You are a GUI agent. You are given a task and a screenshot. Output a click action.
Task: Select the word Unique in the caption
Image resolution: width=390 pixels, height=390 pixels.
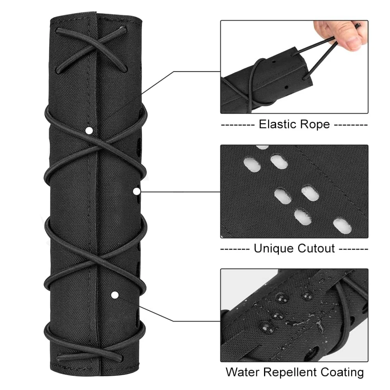tap(273, 248)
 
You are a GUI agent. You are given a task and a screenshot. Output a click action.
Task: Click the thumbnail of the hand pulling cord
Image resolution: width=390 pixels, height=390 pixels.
tap(294, 67)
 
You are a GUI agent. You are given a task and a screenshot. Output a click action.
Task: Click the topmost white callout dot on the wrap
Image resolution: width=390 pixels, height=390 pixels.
tap(89, 130)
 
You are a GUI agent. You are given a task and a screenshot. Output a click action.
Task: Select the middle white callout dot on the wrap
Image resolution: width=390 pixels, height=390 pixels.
tap(136, 191)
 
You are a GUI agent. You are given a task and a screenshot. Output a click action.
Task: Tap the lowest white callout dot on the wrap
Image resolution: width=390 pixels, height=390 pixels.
tap(115, 295)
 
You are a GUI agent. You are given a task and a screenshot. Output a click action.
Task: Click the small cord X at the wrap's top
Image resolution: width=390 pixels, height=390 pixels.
tap(92, 50)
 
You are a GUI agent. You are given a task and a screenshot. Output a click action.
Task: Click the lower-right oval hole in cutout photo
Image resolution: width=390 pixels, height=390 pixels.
tap(342, 226)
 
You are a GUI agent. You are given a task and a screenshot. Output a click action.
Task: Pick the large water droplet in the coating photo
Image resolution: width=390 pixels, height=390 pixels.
tap(266, 327)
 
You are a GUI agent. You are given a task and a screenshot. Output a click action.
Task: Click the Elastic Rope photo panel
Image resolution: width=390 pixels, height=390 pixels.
tap(294, 67)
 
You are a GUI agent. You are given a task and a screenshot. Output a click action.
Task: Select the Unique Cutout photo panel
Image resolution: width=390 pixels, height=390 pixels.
tap(294, 191)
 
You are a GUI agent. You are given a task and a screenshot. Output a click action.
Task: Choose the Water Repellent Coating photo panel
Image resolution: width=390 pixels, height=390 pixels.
tap(294, 315)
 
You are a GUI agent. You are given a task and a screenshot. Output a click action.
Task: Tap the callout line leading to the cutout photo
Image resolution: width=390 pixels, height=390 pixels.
tap(178, 192)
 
